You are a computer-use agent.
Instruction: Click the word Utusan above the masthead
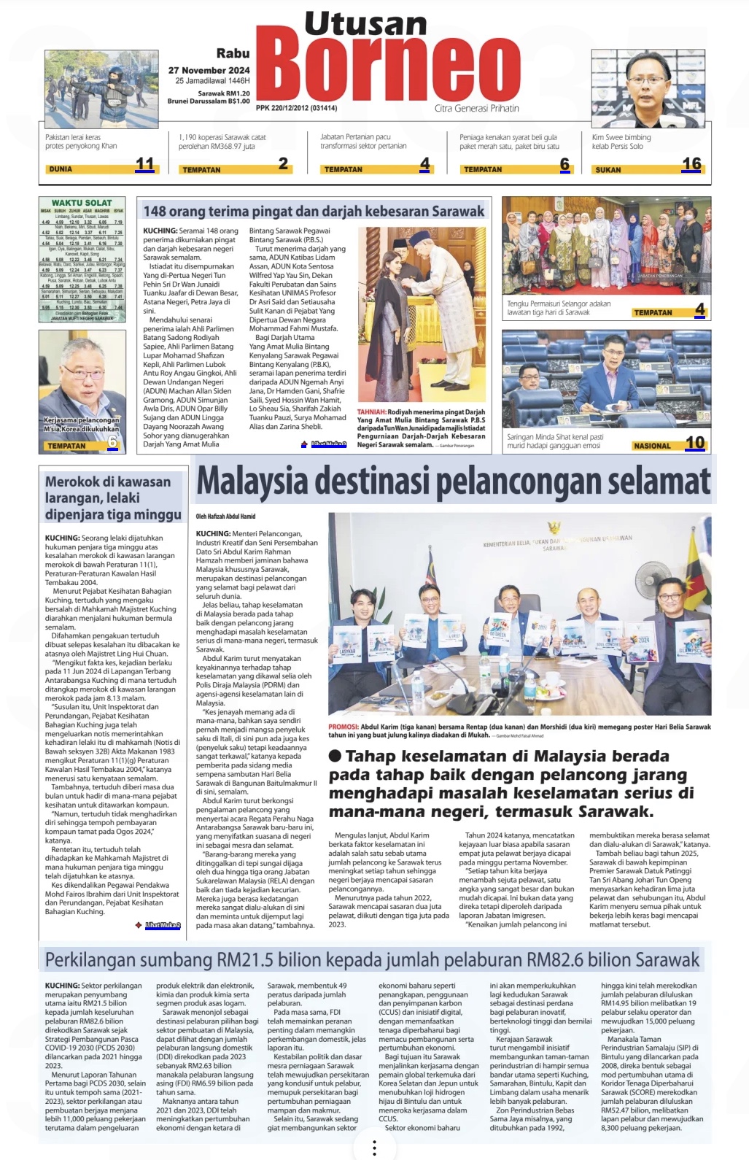click(x=365, y=24)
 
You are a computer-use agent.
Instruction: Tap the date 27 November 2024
click(x=209, y=70)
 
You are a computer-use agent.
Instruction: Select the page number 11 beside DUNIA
click(x=144, y=164)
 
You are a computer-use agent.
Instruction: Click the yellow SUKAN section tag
click(x=608, y=169)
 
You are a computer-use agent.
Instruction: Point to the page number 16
click(x=691, y=164)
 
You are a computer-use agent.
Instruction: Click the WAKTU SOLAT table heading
click(x=82, y=203)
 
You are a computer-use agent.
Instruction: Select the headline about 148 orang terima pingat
click(x=314, y=212)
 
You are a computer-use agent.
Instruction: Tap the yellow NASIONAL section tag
click(x=652, y=446)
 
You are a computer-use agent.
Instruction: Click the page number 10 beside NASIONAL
click(x=694, y=443)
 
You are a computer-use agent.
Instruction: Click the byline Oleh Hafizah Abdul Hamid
click(x=225, y=517)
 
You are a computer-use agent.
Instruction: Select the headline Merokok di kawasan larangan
click(x=113, y=498)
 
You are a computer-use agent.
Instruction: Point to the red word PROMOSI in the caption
click(x=343, y=727)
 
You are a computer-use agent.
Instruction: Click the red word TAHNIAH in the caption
click(x=371, y=412)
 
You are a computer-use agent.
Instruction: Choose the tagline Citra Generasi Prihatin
click(x=476, y=108)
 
